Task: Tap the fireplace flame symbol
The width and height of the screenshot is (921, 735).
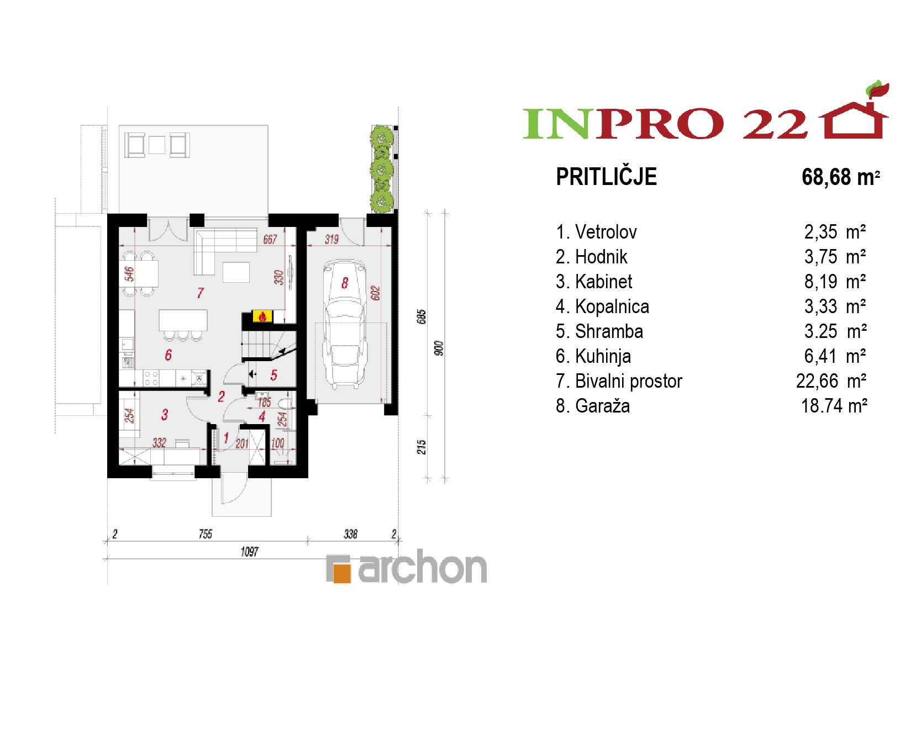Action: coord(262,316)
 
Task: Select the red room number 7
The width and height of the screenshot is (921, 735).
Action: coord(201,293)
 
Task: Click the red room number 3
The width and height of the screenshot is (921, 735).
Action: coord(165,415)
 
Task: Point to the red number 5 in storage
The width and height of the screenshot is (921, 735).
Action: coord(274,376)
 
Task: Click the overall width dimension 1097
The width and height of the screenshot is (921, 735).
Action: coord(249,552)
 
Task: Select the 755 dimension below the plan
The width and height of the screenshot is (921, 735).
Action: coord(206,534)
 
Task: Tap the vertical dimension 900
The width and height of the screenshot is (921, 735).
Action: coord(439,348)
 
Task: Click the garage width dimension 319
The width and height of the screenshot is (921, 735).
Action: coord(331,239)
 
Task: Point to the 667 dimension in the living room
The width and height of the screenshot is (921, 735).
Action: coord(270,239)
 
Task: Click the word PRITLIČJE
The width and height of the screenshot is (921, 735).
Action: coord(606,177)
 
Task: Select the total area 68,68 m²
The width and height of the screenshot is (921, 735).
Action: coord(840,177)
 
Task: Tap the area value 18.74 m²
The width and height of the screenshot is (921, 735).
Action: coord(834,406)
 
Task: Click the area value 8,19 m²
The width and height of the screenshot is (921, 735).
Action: coord(835,282)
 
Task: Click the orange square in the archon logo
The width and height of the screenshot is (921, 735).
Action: coord(343,573)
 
